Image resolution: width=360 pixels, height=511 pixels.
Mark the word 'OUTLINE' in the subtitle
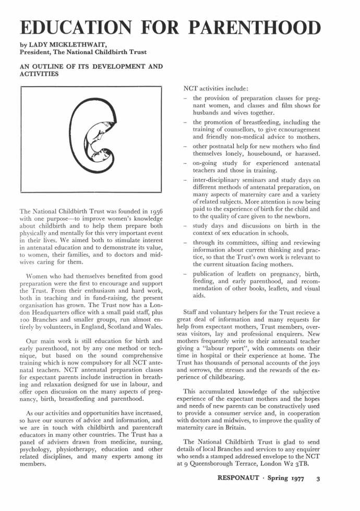click(51, 66)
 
